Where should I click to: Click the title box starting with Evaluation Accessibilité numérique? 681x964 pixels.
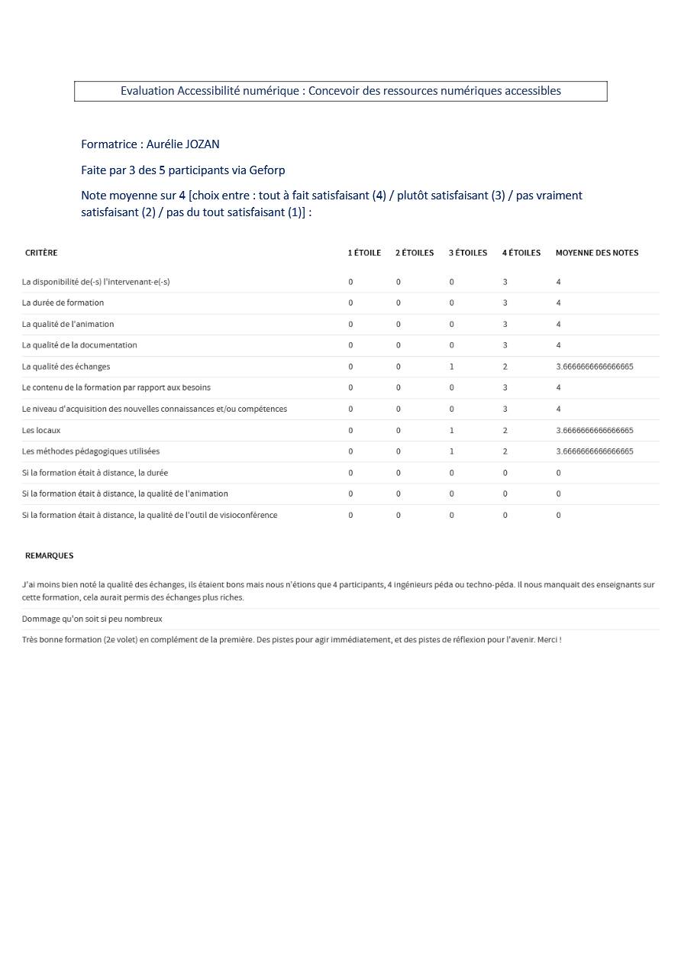(x=340, y=91)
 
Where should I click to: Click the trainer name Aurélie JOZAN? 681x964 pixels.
(x=182, y=144)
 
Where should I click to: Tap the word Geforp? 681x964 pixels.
(x=267, y=170)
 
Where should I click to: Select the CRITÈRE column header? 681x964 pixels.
(x=41, y=253)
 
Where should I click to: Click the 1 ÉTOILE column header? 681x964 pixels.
(x=364, y=253)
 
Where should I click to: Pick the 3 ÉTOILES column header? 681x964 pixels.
(x=467, y=253)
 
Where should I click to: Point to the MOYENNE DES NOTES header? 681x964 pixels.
(x=596, y=253)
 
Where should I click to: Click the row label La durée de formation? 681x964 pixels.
(x=63, y=303)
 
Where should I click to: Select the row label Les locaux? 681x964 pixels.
(x=41, y=431)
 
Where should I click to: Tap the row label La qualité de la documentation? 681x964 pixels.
(x=79, y=345)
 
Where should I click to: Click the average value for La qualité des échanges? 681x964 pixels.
(x=594, y=367)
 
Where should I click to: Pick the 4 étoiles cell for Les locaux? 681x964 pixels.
(x=505, y=431)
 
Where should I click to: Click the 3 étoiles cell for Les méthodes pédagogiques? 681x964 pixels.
(x=451, y=451)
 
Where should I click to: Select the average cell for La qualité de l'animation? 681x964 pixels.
(x=558, y=325)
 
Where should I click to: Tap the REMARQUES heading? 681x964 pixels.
(x=49, y=555)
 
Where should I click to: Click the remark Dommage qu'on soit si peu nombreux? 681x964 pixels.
(x=92, y=619)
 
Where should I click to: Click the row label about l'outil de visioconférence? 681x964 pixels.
(x=150, y=515)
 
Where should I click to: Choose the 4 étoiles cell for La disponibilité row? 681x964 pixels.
(x=505, y=282)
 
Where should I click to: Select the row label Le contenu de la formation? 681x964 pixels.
(x=116, y=388)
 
